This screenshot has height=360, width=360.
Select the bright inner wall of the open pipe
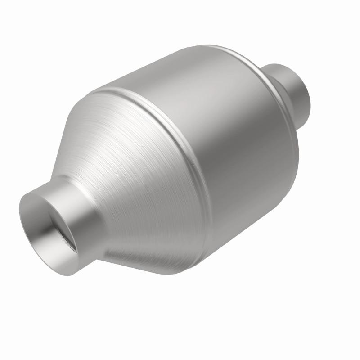[x=43, y=234]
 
